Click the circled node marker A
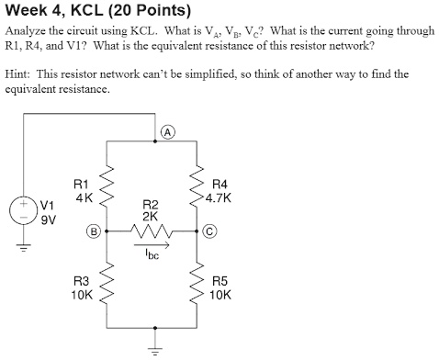pos(168,131)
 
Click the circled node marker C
pos(211,231)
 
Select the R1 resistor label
pos(82,184)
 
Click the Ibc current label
pos(152,254)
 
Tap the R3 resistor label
pos(82,283)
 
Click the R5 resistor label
pos(219,283)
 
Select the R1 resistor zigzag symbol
pos(108,188)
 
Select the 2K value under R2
pos(152,216)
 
